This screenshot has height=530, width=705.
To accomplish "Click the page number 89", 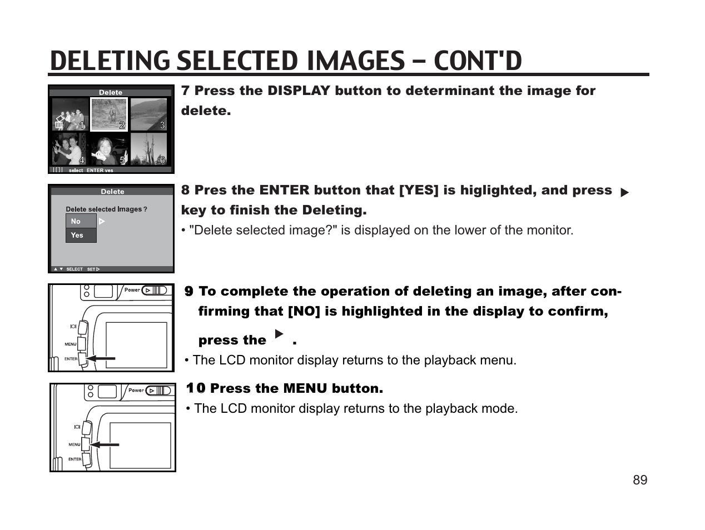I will point(639,480).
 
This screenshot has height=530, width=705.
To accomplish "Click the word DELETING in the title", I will point(111,61).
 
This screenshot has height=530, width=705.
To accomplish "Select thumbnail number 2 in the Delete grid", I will point(110,114).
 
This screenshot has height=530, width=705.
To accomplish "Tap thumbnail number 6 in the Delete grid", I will point(148,149).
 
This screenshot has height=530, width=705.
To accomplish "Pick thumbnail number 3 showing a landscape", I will point(148,114).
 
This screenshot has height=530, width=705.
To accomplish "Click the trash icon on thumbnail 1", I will point(59,123).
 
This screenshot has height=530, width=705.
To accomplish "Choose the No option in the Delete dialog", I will point(81,221).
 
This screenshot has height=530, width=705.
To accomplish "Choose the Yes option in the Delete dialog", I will point(81,235).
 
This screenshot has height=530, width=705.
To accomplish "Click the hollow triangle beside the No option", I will point(102,221).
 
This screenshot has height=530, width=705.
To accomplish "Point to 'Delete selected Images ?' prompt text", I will point(106,209).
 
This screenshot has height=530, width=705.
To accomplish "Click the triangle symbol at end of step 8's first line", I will point(624,192).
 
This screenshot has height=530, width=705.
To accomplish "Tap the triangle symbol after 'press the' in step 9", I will point(279,334).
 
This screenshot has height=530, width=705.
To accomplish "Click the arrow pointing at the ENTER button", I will point(101,359).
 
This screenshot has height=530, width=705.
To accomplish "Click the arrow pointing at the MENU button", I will point(105,444).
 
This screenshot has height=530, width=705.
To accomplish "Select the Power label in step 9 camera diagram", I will point(132,290).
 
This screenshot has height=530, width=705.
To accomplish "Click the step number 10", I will point(196,388).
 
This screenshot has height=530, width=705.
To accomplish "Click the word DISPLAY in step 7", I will point(299,91).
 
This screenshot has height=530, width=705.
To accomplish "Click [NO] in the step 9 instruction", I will point(304,311).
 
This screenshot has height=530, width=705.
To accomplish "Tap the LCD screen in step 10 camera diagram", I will point(140,445).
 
